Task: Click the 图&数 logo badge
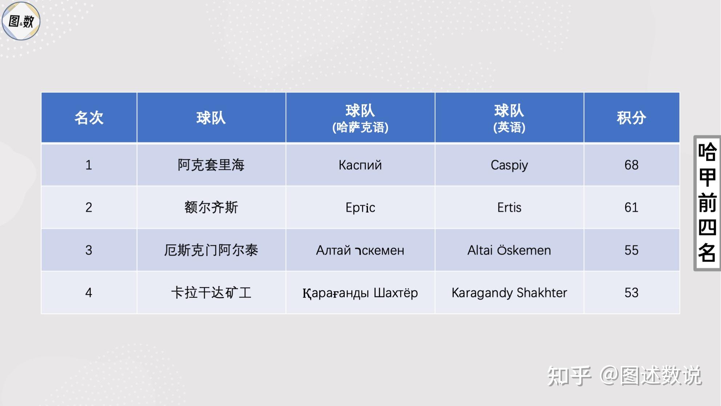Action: pos(21,21)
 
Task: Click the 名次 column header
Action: pos(89,118)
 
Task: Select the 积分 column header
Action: pos(631,118)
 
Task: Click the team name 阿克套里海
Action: pos(211,165)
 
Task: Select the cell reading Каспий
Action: pos(360,165)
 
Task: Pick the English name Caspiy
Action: pos(509,165)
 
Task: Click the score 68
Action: pos(631,165)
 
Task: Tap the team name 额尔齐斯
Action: pos(211,208)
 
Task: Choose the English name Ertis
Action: pos(509,208)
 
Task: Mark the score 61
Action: pos(631,208)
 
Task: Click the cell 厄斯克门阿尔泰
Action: pos(211,250)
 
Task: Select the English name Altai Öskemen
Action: pos(509,250)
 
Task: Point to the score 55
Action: pos(631,250)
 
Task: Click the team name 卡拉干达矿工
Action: pos(211,293)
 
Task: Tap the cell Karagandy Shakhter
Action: pos(509,293)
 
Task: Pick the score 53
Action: pos(631,293)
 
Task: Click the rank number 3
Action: pos(89,250)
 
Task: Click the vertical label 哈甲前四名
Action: pos(707,203)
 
